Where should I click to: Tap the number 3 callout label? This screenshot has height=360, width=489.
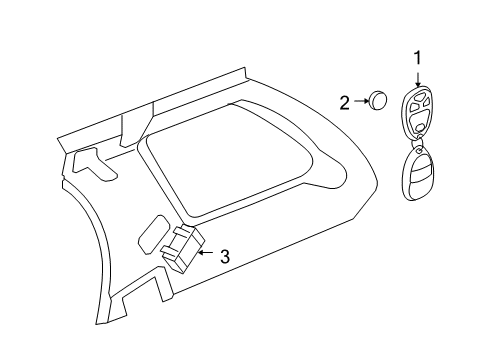pyautogui.click(x=224, y=256)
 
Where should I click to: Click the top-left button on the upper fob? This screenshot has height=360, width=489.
pyautogui.click(x=411, y=100)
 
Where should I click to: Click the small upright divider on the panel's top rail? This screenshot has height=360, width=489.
pyautogui.click(x=129, y=124)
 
